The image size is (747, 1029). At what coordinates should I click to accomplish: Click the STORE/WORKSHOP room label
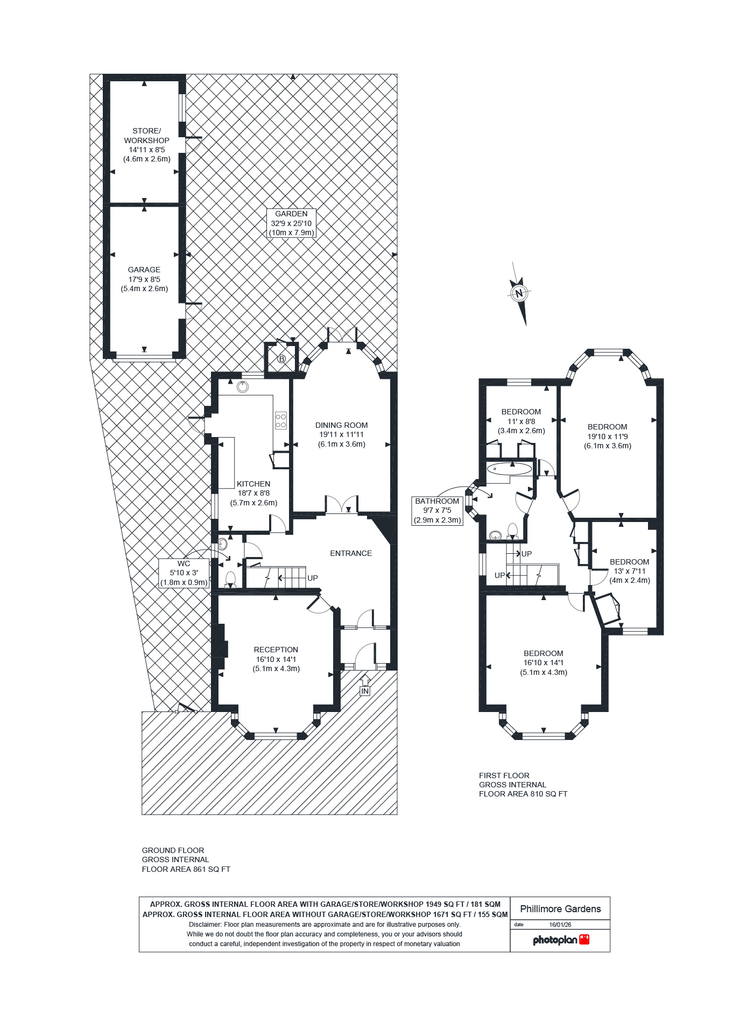pyautogui.click(x=146, y=145)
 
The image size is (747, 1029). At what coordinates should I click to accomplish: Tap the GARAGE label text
pyautogui.click(x=144, y=279)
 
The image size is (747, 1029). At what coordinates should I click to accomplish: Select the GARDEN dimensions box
pyautogui.click(x=291, y=223)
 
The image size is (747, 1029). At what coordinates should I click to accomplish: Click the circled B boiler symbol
pyautogui.click(x=281, y=359)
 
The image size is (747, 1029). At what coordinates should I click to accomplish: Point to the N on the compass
pyautogui.click(x=519, y=293)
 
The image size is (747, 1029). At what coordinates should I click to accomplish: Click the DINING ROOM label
pyautogui.click(x=341, y=434)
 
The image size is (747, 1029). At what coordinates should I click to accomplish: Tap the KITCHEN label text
pyautogui.click(x=253, y=493)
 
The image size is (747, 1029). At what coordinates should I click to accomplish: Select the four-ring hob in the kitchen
pyautogui.click(x=281, y=420)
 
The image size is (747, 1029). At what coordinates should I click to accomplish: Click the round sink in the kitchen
pyautogui.click(x=243, y=386)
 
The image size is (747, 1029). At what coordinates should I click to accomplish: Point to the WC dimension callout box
pyautogui.click(x=184, y=573)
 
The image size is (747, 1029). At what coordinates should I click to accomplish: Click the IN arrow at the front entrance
pyautogui.click(x=365, y=687)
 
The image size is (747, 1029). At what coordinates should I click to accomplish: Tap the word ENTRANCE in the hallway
pyautogui.click(x=351, y=553)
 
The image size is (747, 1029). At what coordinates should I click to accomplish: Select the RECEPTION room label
pyautogui.click(x=276, y=659)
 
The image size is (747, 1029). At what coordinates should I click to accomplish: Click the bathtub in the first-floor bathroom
pyautogui.click(x=509, y=469)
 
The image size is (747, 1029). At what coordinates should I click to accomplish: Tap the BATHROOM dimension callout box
pyautogui.click(x=437, y=510)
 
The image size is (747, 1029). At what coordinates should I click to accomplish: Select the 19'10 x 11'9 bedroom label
pyautogui.click(x=608, y=436)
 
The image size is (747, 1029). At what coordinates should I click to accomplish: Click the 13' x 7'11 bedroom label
pyautogui.click(x=630, y=570)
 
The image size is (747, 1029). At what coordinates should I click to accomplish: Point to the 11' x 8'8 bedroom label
pyautogui.click(x=521, y=421)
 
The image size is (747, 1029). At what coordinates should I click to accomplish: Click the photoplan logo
pyautogui.click(x=561, y=940)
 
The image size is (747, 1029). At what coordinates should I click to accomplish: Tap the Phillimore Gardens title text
pyautogui.click(x=560, y=909)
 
